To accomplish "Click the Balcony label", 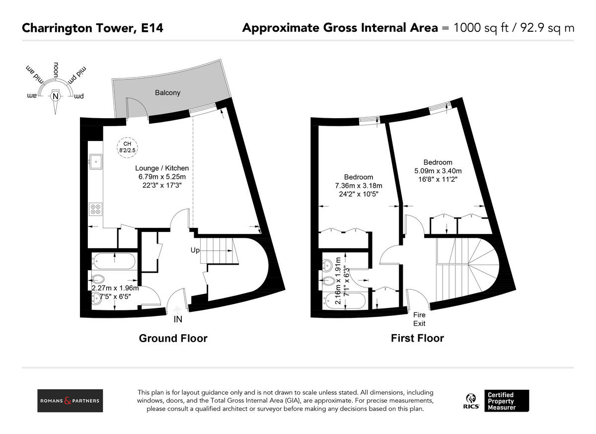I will [167, 93].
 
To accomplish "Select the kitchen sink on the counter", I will [95, 161].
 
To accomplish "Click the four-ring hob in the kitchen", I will [95, 209].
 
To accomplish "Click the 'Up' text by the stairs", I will [195, 250].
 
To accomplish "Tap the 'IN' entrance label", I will [178, 320].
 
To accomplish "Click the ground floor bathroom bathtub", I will [113, 261].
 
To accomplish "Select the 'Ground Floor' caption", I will [173, 339].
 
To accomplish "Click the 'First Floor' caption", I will [417, 339].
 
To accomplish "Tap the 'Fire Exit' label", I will [420, 319].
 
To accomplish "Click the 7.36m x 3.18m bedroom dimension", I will [358, 186].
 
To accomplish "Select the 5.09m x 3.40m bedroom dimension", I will [438, 171].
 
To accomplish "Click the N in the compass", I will [55, 96].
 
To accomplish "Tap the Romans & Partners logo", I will [70, 401].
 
